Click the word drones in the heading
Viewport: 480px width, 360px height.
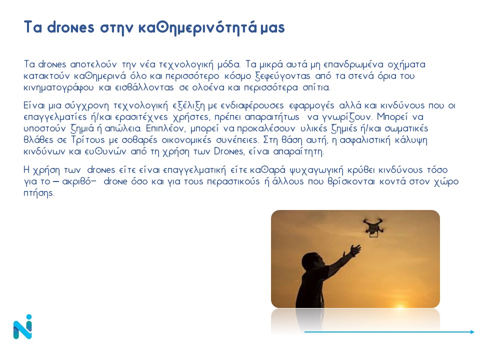coord(70,27)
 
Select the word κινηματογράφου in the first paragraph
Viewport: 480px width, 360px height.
coord(59,88)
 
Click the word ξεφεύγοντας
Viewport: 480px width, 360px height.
coord(282,76)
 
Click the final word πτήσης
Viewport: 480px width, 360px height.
coord(39,193)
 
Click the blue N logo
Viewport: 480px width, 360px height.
coord(22,326)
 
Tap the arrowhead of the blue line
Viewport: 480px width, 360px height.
coord(472,332)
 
